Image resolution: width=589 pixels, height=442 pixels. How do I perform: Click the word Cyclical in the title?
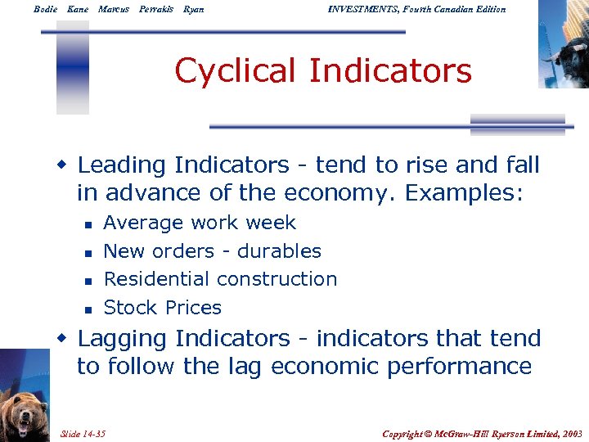[x=236, y=71]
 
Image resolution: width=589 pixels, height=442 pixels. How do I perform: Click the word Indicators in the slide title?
[x=390, y=71]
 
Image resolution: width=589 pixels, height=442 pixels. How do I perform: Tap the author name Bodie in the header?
[x=47, y=9]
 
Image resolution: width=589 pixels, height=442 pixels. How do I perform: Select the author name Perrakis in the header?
[x=156, y=9]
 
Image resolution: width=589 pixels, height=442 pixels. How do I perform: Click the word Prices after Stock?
[x=193, y=308]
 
